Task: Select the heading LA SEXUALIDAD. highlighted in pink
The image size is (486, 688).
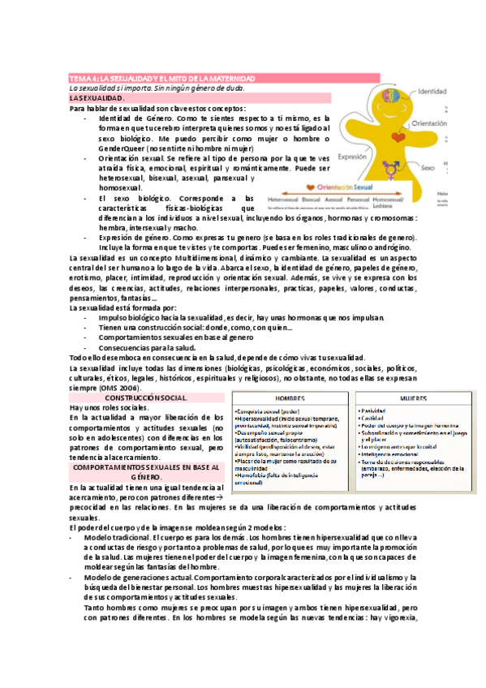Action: [98, 97]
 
